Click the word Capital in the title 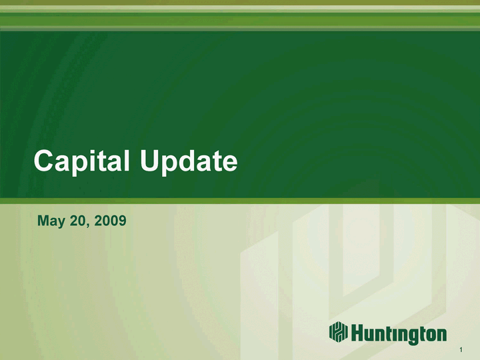81,161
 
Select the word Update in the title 189,161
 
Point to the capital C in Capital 44,161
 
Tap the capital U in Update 150,161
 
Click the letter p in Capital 80,165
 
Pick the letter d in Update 187,161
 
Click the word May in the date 51,221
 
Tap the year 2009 110,221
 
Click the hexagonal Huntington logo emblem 338,331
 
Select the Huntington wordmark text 399,334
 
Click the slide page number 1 461,349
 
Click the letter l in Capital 127,161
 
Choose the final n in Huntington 441,335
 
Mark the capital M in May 43,221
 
